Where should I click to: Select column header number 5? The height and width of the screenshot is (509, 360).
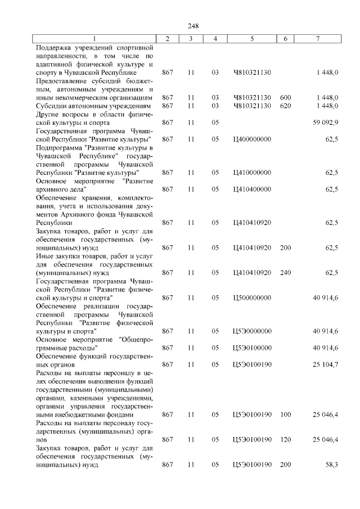(251, 38)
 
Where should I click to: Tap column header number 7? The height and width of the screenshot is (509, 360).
(318, 38)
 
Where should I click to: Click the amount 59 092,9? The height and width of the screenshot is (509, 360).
(326, 122)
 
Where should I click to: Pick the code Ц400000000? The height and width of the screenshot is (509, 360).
(251, 138)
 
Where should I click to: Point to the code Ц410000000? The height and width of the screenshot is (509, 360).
(251, 172)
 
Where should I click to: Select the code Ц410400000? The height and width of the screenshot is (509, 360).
(251, 189)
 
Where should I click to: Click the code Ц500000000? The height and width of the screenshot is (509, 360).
(251, 298)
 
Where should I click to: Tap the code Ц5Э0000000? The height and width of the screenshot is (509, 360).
(251, 331)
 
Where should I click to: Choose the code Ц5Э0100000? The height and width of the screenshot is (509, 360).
(251, 348)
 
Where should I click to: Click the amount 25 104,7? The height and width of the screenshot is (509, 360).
(326, 364)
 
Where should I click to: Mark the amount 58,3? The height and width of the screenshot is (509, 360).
(331, 465)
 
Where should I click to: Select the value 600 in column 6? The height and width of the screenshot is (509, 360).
(285, 97)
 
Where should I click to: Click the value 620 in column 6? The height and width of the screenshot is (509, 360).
(285, 105)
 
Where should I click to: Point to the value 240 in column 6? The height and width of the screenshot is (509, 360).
(285, 273)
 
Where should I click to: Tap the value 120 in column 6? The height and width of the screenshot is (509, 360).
(285, 439)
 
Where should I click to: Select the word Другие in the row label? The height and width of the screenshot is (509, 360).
(47, 114)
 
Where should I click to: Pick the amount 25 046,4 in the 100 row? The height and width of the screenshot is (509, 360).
(326, 415)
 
